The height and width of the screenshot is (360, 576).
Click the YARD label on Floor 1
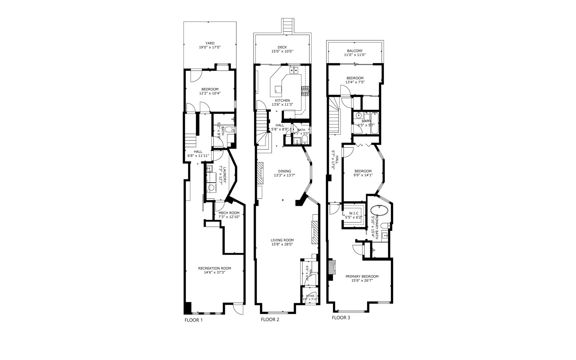pyautogui.click(x=210, y=43)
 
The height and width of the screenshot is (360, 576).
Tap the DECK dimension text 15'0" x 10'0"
pyautogui.click(x=282, y=52)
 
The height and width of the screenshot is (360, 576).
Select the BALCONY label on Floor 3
pyautogui.click(x=355, y=51)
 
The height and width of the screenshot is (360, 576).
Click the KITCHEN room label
pyautogui.click(x=282, y=100)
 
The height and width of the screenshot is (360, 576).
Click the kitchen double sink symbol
pyautogui.click(x=293, y=70)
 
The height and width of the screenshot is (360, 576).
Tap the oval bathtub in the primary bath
pyautogui.click(x=379, y=211)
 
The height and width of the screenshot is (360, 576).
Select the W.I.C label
pyautogui.click(x=353, y=213)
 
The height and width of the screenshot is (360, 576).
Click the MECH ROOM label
pyautogui.click(x=229, y=213)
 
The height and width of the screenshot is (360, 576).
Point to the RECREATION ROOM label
pyautogui.click(x=215, y=268)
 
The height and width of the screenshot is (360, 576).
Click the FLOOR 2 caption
pyautogui.click(x=270, y=320)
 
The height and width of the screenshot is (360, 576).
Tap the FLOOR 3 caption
pyautogui.click(x=341, y=318)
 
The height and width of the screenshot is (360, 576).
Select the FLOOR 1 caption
pyautogui.click(x=194, y=320)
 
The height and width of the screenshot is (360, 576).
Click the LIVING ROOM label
pyautogui.click(x=282, y=240)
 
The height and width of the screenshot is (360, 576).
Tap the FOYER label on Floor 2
pyautogui.click(x=310, y=296)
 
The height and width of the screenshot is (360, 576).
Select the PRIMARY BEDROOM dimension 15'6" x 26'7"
pyautogui.click(x=362, y=281)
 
